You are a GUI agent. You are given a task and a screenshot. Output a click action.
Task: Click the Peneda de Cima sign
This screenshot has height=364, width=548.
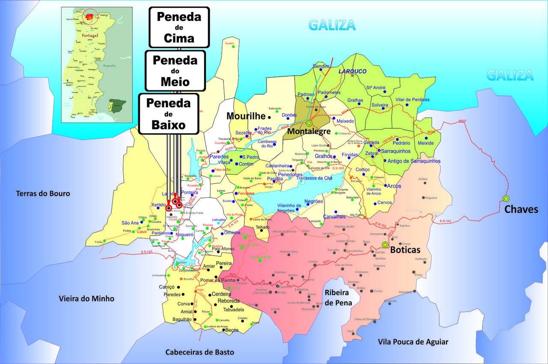[179, 27]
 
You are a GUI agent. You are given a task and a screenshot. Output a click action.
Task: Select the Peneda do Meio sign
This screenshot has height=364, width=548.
[175, 70]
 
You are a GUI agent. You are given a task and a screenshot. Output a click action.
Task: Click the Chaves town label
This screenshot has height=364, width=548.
[521, 209]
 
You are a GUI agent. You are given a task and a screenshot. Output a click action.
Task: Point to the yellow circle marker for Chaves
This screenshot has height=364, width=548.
[506, 198]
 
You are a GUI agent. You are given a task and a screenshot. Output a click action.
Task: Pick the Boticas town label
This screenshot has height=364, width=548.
[405, 250]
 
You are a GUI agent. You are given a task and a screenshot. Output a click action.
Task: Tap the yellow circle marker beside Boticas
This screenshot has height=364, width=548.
[384, 245]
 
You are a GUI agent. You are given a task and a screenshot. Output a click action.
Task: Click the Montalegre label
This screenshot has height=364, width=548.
[309, 131]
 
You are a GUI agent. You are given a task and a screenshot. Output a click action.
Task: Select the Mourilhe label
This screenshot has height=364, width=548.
[246, 116]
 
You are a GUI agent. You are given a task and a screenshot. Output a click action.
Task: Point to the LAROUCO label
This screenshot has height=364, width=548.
[352, 71]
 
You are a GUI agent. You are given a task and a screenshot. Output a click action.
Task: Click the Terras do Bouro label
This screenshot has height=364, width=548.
[43, 194]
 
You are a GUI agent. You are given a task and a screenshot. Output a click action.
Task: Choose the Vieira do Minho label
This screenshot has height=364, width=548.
[86, 298]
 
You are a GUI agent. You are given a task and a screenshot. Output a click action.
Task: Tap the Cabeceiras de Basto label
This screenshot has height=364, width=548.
[200, 352]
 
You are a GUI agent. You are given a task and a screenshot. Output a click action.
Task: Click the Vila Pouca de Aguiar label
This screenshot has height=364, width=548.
[413, 341]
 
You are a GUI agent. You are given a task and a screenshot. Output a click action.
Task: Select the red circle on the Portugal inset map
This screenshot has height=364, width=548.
[90, 17]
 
